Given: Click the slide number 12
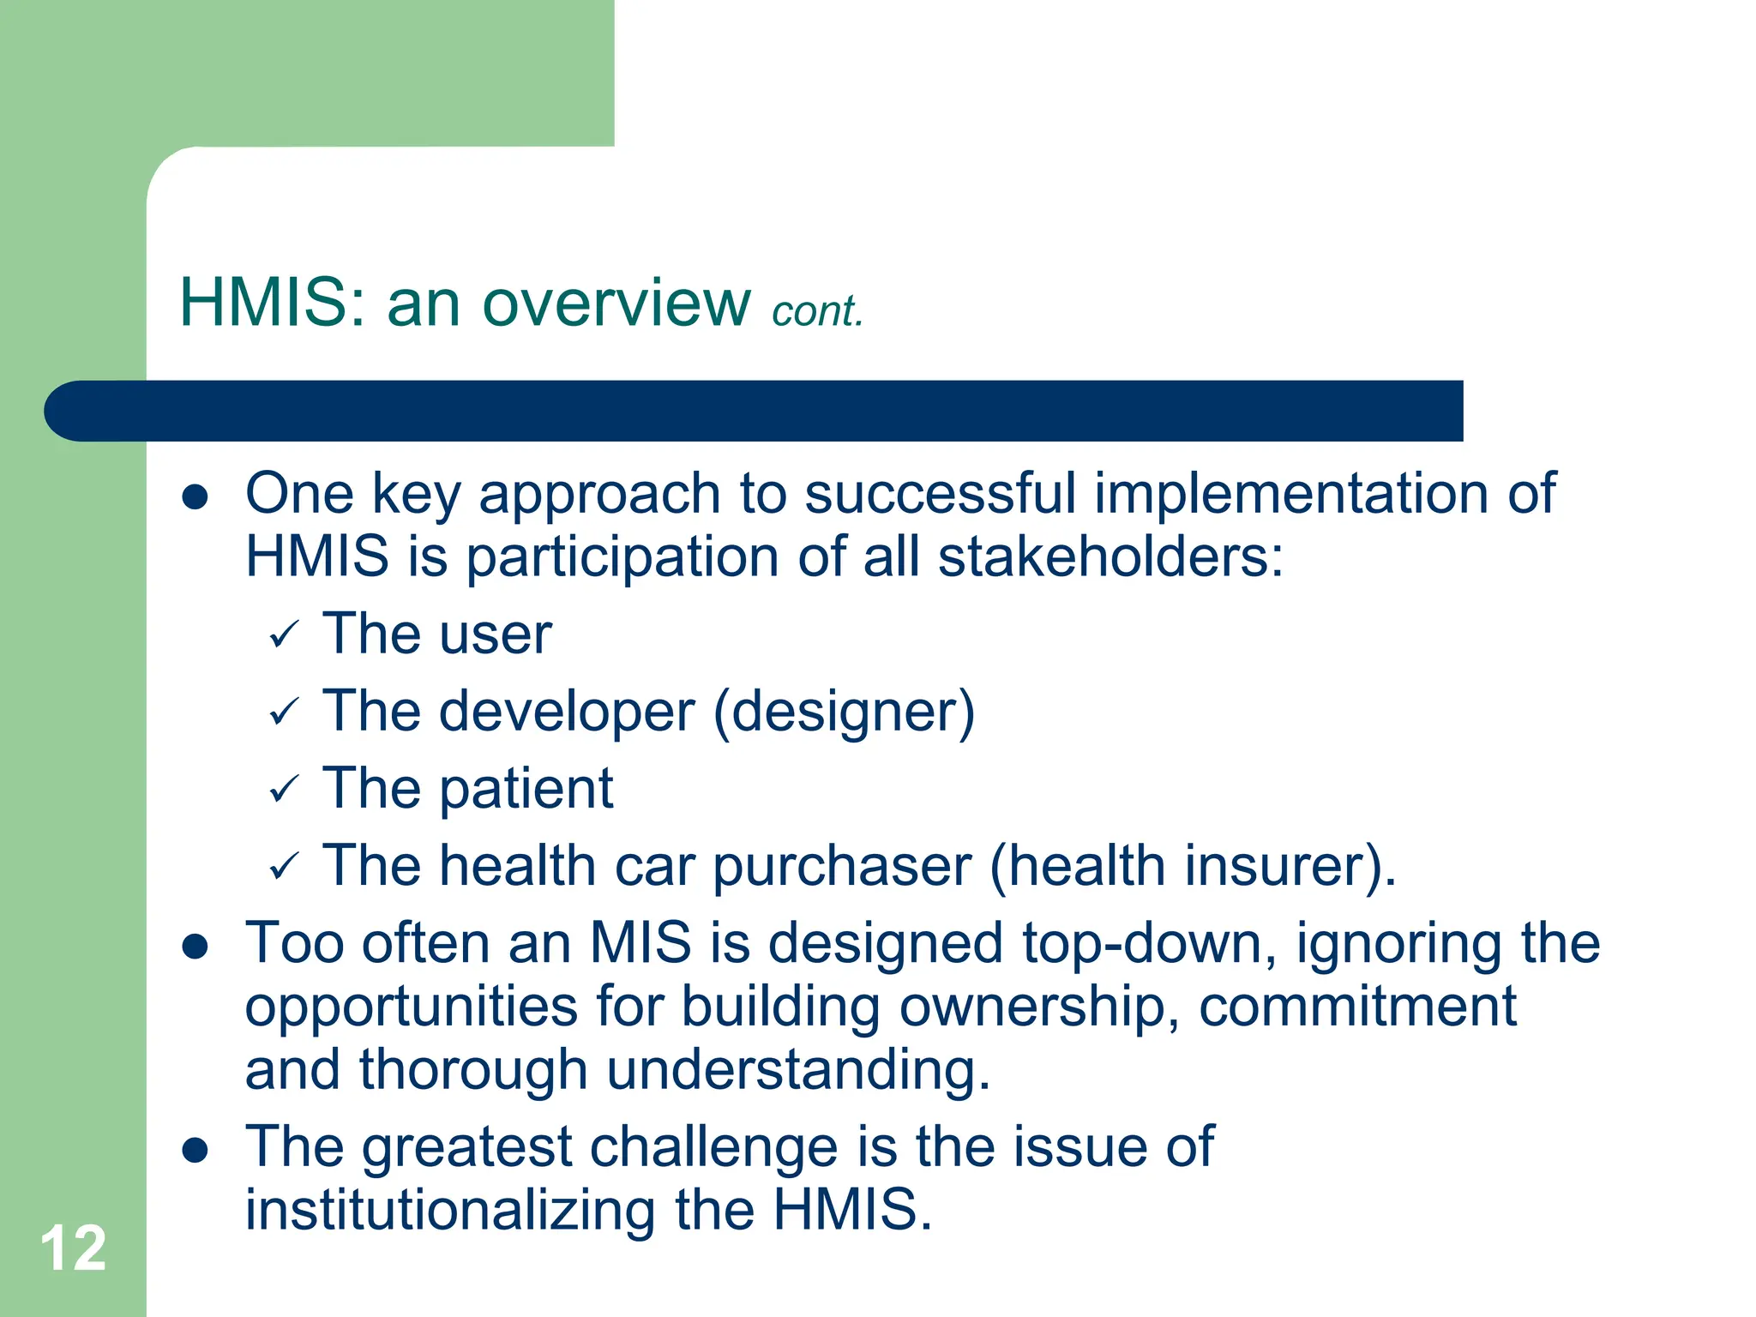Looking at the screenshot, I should coord(73,1249).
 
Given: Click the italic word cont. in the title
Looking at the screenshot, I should coord(817,311).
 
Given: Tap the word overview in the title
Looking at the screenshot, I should coord(616,304).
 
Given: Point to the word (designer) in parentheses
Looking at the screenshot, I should coord(844,713).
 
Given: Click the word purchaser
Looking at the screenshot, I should coord(842,867).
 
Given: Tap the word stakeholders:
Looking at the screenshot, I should coord(1110,557).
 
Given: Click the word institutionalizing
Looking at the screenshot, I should coord(451,1210).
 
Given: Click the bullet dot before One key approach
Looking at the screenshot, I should coord(195,496).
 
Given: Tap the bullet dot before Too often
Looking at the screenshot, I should coord(195,947).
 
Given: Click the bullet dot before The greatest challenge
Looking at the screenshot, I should coord(195,1151).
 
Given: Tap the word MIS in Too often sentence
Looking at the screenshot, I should coord(640,944).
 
